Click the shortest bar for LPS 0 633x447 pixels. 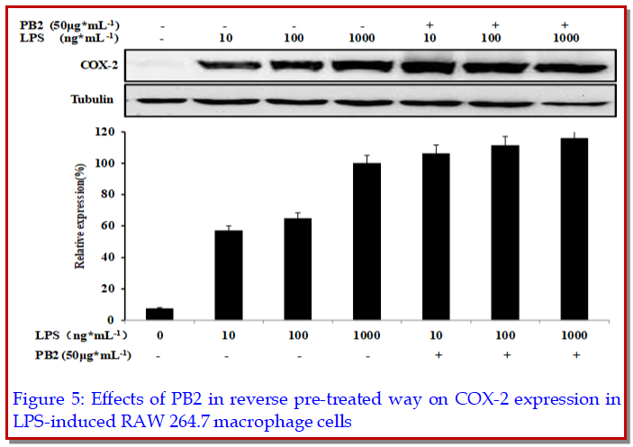(x=158, y=315)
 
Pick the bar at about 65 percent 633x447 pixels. (x=297, y=269)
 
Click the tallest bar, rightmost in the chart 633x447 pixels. (x=574, y=229)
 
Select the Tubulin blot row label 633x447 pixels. (x=94, y=99)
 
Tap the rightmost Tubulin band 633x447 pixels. (x=574, y=101)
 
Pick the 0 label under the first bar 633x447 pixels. (x=158, y=335)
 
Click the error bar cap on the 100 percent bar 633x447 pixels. (x=366, y=156)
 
